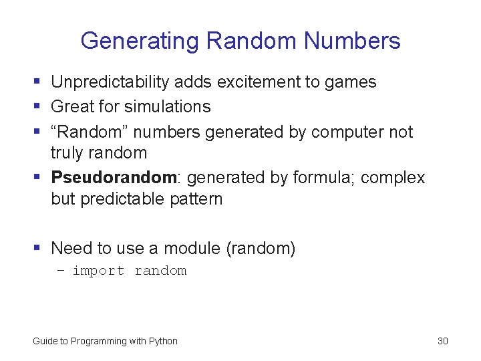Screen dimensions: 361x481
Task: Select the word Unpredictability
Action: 110,82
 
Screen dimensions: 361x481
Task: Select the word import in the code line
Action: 98,271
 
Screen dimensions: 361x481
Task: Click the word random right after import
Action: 160,271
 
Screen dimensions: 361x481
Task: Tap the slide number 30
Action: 442,341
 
